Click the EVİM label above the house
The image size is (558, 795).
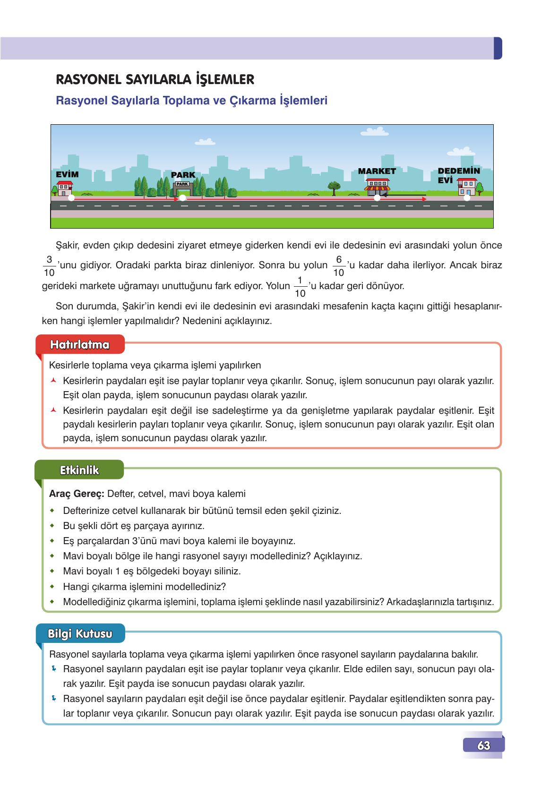[x=67, y=174]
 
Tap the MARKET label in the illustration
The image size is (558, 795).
[x=377, y=171]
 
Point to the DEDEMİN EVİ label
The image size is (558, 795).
[x=458, y=175]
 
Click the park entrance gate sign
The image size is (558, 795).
[x=183, y=184]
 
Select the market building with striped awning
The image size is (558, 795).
[x=377, y=187]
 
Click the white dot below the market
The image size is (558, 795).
[x=377, y=198]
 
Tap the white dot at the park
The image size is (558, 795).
[x=183, y=198]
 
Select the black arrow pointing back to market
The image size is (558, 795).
[x=404, y=194]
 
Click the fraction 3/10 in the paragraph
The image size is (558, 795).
[x=49, y=266]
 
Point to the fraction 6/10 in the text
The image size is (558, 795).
[x=339, y=266]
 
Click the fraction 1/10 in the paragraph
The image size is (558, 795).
[x=300, y=287]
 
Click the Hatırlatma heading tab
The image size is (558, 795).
[x=80, y=345]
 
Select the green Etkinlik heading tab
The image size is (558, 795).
[x=79, y=470]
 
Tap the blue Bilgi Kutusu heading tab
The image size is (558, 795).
[x=80, y=633]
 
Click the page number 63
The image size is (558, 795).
[x=483, y=745]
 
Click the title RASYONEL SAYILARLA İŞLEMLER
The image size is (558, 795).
[x=155, y=79]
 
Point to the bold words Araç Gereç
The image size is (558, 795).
[x=76, y=494]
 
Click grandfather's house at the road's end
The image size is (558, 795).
[x=468, y=188]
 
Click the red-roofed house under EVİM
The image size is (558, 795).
[x=64, y=188]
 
